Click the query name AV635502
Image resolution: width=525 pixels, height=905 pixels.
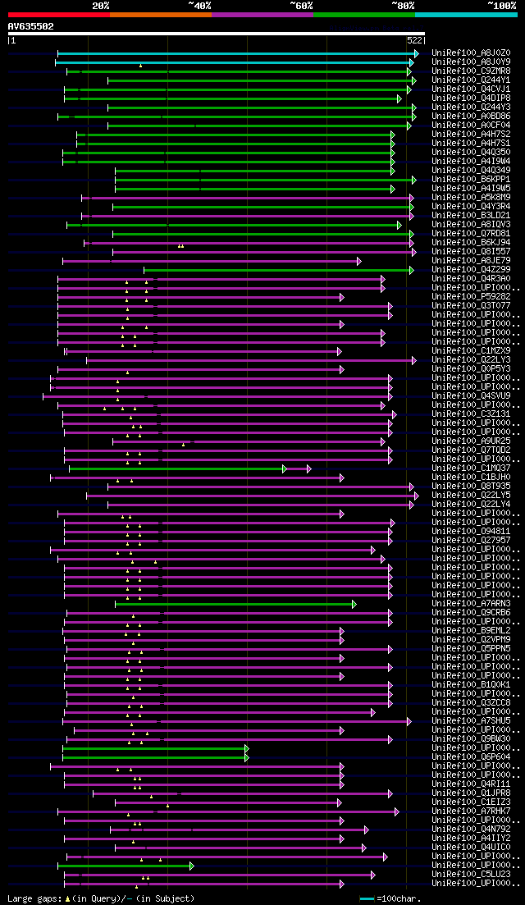point(31,26)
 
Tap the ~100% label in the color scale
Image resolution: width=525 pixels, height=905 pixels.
point(501,6)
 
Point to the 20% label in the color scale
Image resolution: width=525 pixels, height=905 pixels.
point(101,6)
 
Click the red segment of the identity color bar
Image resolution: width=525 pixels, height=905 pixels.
point(58,14)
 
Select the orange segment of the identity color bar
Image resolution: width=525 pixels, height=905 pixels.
point(160,14)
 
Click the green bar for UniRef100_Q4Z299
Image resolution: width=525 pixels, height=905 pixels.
point(279,270)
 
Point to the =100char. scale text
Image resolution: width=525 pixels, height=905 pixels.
point(399,898)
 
